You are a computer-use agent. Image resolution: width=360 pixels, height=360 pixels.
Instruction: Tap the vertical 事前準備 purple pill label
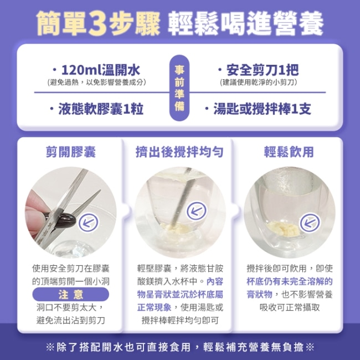point(179,88)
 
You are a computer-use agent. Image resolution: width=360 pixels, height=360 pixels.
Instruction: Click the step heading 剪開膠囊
point(71,152)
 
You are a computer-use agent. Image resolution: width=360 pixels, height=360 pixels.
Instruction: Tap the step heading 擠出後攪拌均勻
point(179,152)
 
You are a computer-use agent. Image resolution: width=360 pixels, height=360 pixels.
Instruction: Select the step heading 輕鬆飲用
point(289,152)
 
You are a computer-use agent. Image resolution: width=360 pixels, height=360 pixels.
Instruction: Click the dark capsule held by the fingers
point(62,219)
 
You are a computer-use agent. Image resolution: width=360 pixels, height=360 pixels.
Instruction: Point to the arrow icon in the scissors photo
point(89,223)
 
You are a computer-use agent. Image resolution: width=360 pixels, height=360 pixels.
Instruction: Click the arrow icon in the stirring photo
point(197,211)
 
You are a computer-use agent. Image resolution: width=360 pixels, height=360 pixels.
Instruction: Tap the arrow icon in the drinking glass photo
point(310,223)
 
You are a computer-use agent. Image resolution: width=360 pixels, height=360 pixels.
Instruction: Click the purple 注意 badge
point(71,294)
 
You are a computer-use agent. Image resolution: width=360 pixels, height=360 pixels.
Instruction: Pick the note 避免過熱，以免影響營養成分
point(97,82)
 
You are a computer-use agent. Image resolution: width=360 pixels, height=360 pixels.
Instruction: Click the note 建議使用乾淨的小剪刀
point(259,82)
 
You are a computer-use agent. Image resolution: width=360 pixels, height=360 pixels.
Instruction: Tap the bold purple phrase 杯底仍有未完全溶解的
point(290,281)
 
